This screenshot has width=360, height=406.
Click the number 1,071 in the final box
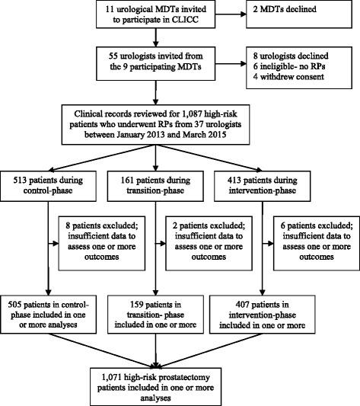pos(136,375)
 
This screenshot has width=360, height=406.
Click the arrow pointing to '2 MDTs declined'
pos(255,17)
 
